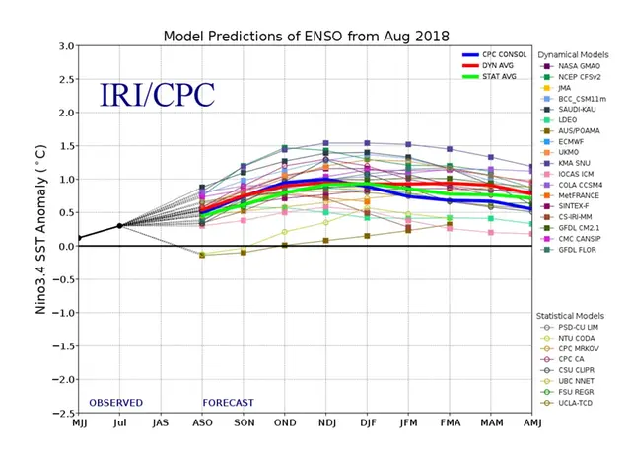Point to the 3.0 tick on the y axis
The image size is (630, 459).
[66, 46]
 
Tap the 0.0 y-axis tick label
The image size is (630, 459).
[66, 246]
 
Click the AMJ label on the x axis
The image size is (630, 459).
[531, 425]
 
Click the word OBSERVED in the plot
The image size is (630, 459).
[115, 403]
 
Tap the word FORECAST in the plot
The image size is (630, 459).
[229, 403]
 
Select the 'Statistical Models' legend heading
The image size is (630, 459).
[576, 313]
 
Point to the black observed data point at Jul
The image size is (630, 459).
[120, 226]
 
